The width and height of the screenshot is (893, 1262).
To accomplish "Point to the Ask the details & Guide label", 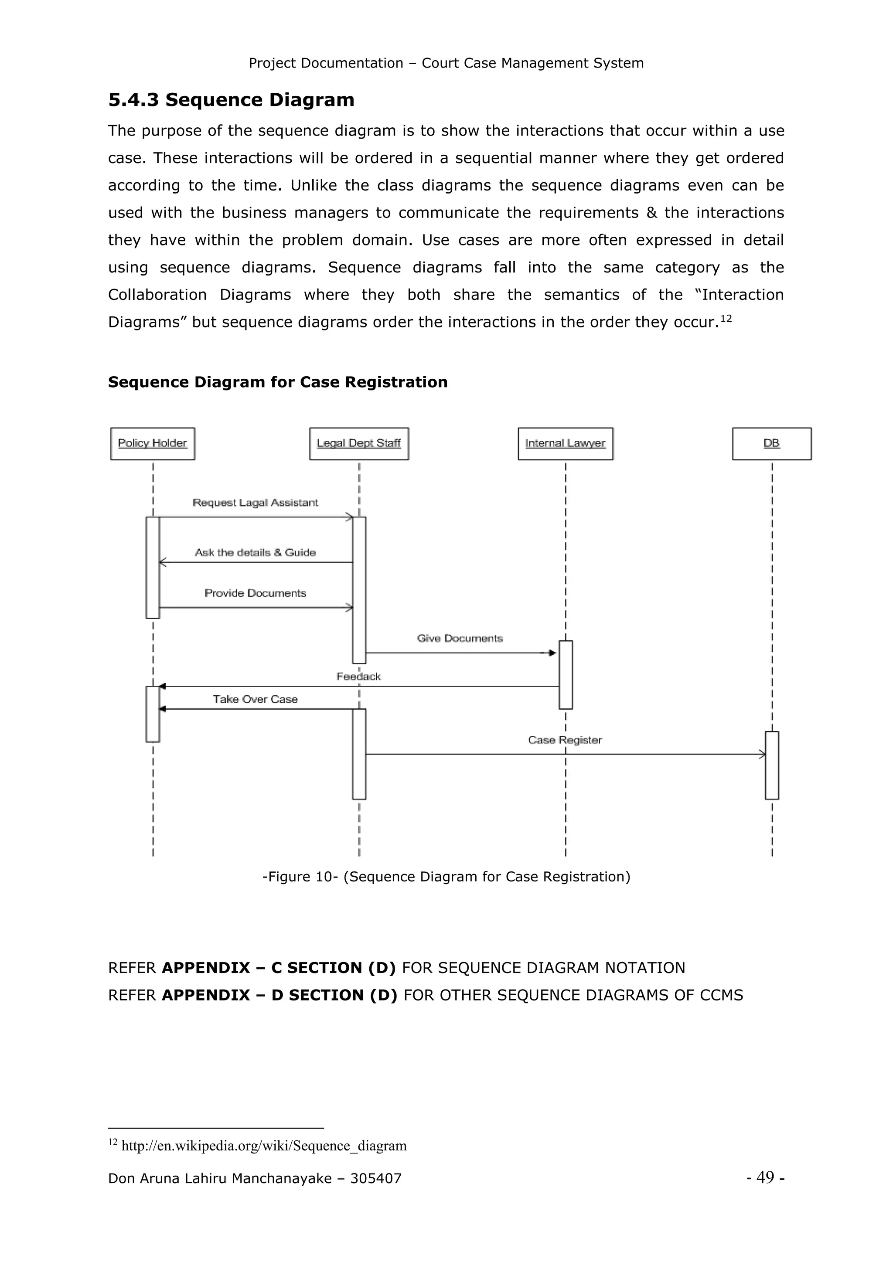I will pyautogui.click(x=255, y=552).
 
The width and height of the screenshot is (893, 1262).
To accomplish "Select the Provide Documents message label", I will pyautogui.click(x=255, y=593).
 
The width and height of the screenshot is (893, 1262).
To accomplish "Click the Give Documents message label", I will pyautogui.click(x=460, y=638).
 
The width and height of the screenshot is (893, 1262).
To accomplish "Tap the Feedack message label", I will pyautogui.click(x=358, y=676).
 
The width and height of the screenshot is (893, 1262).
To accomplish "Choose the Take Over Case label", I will pyautogui.click(x=255, y=699).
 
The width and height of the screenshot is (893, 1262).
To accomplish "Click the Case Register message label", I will pyautogui.click(x=565, y=740).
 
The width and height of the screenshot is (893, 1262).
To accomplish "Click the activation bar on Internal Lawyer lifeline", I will pyautogui.click(x=565, y=674).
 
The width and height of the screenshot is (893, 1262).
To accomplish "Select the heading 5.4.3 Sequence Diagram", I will pyautogui.click(x=231, y=100).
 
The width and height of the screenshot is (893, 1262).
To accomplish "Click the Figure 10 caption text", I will pyautogui.click(x=446, y=876).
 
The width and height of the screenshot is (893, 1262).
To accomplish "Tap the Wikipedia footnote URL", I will pyautogui.click(x=264, y=1146).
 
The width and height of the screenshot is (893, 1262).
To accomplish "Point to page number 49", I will pyautogui.click(x=765, y=1177).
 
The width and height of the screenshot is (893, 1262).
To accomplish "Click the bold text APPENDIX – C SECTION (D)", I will pyautogui.click(x=278, y=967).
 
